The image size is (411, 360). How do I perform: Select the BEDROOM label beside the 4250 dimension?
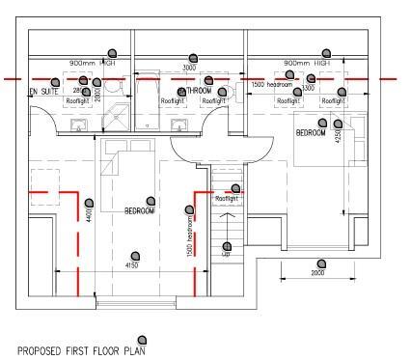point(312,132)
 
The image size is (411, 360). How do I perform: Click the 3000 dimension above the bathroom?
point(190,69)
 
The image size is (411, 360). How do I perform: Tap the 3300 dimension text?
point(308,88)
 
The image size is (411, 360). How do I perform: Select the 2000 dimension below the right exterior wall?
point(318,273)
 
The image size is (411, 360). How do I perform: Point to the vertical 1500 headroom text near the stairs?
point(190,236)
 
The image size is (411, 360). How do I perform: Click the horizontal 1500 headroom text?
point(271,85)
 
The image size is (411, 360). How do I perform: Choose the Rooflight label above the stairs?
point(227,199)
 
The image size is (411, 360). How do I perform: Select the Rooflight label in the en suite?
point(77,100)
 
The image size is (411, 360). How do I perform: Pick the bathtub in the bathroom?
point(150,100)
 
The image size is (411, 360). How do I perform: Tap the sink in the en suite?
point(78,125)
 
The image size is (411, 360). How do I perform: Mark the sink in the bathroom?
point(178,125)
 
